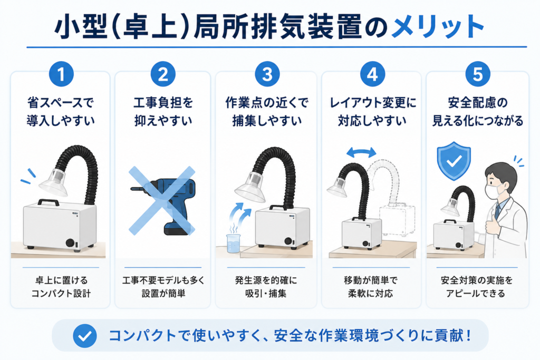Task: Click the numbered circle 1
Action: [61, 74]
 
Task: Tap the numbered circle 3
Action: [267, 74]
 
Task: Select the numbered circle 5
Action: [478, 74]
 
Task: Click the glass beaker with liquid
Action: [233, 243]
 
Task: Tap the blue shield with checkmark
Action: [454, 161]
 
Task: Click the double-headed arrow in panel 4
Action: [361, 152]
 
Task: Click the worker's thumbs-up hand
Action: [492, 223]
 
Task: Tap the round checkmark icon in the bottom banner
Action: [85, 336]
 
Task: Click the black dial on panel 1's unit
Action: [70, 242]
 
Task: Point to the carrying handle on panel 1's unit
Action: [48, 202]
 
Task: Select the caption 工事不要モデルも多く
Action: [163, 280]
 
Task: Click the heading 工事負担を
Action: [163, 103]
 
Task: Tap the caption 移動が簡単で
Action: [371, 280]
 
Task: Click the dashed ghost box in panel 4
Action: [397, 220]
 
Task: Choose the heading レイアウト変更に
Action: [373, 103]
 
